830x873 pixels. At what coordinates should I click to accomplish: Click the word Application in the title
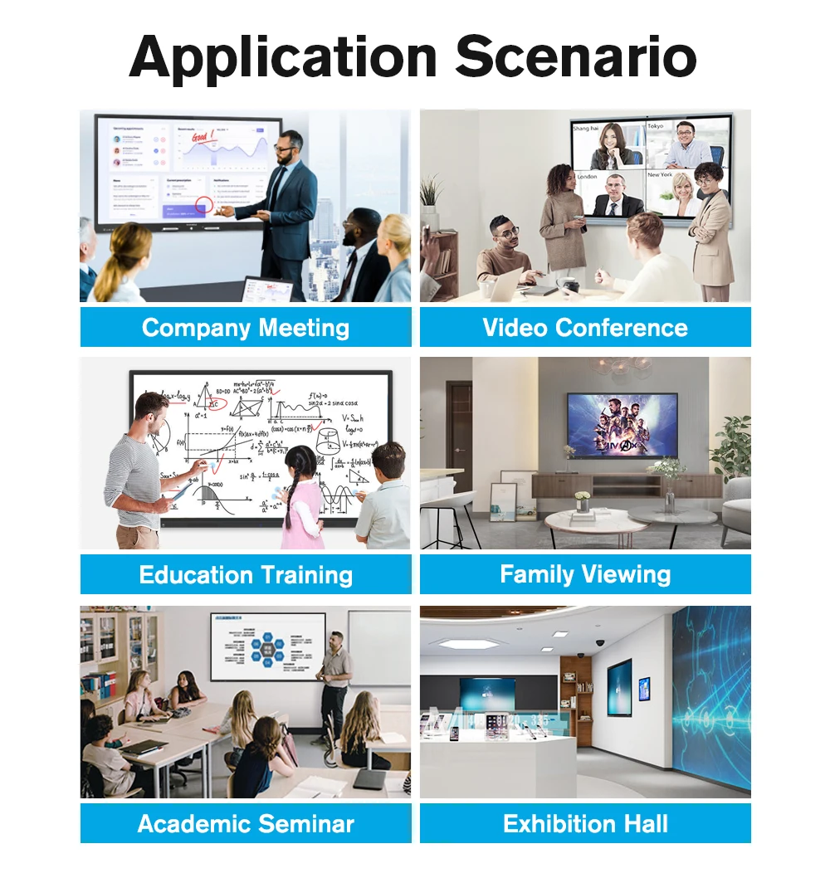tap(283, 56)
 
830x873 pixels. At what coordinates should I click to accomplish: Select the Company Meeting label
tap(246, 327)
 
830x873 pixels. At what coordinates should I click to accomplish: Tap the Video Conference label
tap(585, 327)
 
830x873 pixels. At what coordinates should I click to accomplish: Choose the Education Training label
tap(246, 574)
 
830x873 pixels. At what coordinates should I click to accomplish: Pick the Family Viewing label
tap(585, 574)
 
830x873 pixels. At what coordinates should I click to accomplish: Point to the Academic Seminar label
tap(246, 823)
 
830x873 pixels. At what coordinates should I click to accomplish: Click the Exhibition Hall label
tap(585, 823)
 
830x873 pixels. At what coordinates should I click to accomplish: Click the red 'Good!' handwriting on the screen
tap(203, 135)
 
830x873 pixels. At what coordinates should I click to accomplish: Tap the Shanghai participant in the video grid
tap(610, 146)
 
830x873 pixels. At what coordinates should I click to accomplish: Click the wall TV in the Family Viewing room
tap(622, 425)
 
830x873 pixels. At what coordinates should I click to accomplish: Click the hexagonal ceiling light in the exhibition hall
tap(469, 643)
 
